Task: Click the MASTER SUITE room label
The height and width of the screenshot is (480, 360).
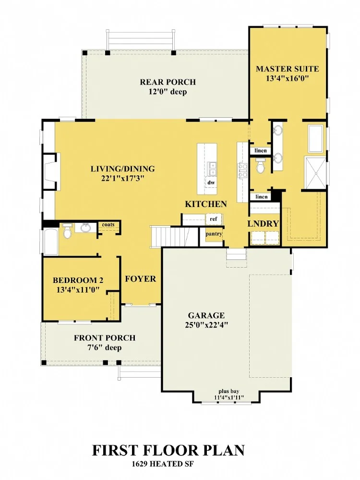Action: [287, 69]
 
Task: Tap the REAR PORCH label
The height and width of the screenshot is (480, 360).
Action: [168, 82]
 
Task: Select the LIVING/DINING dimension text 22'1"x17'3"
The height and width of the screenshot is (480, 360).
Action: [123, 178]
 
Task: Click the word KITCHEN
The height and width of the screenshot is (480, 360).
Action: [206, 204]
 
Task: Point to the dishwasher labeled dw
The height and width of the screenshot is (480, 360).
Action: [211, 183]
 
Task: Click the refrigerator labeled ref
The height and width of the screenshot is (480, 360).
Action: [214, 219]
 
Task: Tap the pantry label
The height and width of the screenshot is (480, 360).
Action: [214, 234]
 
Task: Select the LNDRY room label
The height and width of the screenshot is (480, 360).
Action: [263, 223]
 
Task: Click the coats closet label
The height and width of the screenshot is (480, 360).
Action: [108, 224]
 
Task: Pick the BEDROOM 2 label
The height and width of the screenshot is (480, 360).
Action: [78, 280]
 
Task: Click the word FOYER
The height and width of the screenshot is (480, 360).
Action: [140, 279]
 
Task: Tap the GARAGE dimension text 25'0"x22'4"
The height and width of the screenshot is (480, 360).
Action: [206, 325]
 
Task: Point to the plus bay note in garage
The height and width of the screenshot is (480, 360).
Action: [229, 391]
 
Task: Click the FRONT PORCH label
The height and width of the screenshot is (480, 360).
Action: [105, 338]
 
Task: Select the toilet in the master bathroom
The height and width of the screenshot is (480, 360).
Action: [261, 166]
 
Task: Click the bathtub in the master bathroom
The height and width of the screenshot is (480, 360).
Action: [315, 138]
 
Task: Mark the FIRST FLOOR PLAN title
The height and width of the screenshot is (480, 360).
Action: [168, 451]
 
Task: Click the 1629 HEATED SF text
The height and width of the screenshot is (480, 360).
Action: [163, 464]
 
